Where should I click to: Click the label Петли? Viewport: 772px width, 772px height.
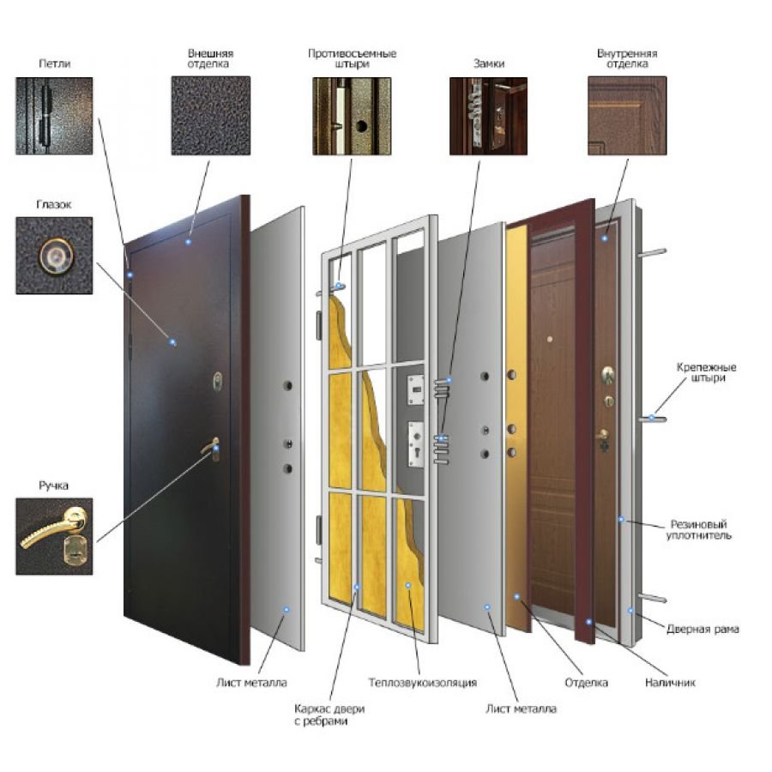54,63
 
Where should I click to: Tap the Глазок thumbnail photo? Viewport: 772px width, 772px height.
54,256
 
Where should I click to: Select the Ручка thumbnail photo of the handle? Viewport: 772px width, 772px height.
54,536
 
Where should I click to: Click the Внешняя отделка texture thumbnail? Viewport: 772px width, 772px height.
211,116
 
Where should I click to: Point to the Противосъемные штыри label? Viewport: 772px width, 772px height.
352,58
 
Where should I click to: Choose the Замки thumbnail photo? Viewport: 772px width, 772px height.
488,116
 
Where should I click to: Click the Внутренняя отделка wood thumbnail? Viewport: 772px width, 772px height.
627,116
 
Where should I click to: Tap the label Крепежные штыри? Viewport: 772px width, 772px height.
707,372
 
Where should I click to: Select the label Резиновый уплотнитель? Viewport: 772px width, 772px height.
698,530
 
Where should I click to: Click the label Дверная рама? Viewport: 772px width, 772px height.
703,629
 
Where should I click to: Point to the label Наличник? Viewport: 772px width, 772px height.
670,683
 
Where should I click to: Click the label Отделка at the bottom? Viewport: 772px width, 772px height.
586,683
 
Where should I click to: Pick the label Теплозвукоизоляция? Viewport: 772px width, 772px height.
422,683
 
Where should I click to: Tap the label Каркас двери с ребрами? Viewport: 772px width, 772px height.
329,715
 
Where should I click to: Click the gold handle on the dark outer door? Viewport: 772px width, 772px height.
212,448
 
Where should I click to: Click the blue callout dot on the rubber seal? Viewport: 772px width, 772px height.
621,519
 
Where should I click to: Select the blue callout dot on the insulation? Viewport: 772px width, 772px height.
408,585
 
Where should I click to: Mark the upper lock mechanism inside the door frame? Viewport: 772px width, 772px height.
415,389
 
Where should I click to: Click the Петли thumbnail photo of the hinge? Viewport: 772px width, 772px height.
54,116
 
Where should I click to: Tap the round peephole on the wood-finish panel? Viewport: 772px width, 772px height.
550,339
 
